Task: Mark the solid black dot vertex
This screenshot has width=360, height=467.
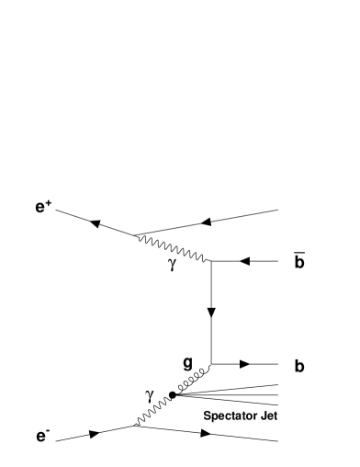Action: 173,395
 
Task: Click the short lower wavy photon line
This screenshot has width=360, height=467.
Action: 152,411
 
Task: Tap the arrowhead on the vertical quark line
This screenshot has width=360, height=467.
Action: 212,313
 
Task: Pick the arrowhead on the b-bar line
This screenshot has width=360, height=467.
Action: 244,261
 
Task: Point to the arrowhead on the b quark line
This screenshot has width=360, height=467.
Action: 244,364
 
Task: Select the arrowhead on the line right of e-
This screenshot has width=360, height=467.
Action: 94,435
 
